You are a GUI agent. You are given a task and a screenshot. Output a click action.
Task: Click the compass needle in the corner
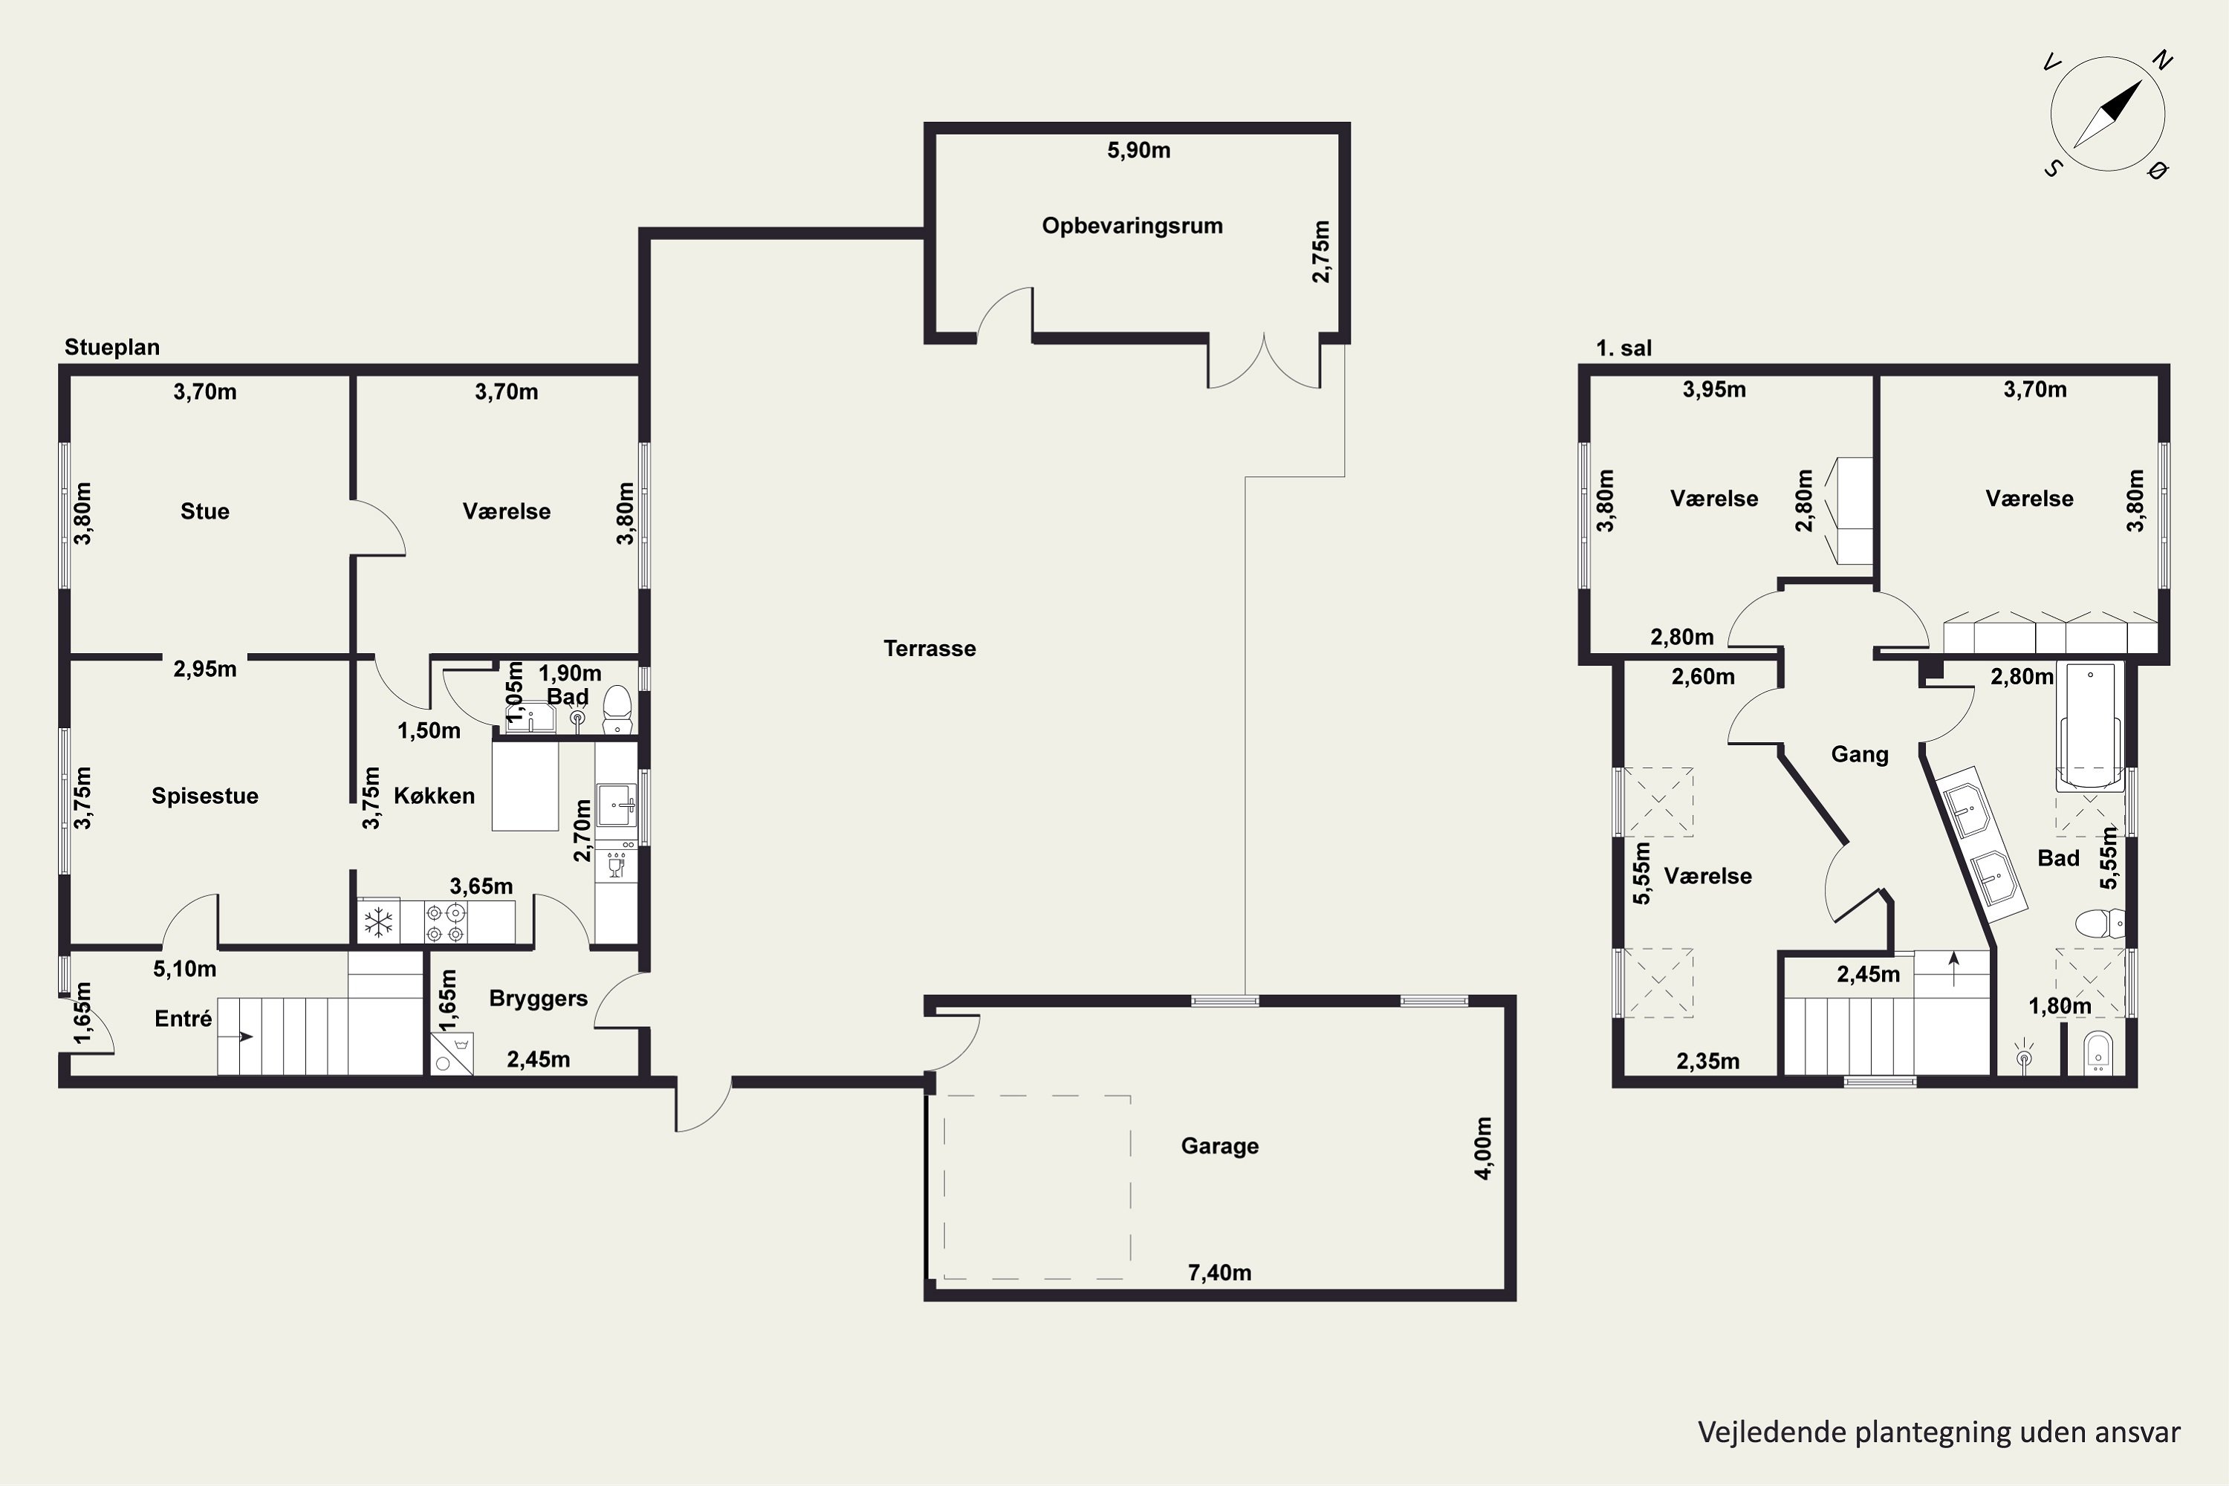(2108, 114)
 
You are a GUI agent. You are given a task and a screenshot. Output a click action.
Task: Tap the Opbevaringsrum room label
(1132, 226)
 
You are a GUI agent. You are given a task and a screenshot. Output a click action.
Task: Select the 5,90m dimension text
(1139, 150)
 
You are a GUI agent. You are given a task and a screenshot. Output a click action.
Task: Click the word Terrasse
(929, 648)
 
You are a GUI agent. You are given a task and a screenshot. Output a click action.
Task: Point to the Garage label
(1220, 1146)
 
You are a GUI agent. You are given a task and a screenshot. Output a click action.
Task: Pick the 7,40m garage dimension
(1220, 1273)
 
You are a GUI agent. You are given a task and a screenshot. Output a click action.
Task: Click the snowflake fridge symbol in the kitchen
(379, 921)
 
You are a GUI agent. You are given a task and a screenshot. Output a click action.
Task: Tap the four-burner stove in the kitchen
(445, 922)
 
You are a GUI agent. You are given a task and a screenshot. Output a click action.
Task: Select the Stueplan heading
(112, 348)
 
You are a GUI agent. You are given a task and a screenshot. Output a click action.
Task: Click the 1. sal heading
(1623, 348)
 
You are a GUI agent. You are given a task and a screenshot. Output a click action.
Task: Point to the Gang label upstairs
(1860, 754)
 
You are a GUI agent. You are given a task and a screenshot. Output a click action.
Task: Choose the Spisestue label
(205, 796)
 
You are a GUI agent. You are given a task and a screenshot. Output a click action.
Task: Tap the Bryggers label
(538, 999)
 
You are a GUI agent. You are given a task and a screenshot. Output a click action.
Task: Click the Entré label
(183, 1019)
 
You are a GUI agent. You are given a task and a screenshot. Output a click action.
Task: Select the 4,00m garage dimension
(1483, 1148)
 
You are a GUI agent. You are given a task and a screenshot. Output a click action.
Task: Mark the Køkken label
(434, 796)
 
